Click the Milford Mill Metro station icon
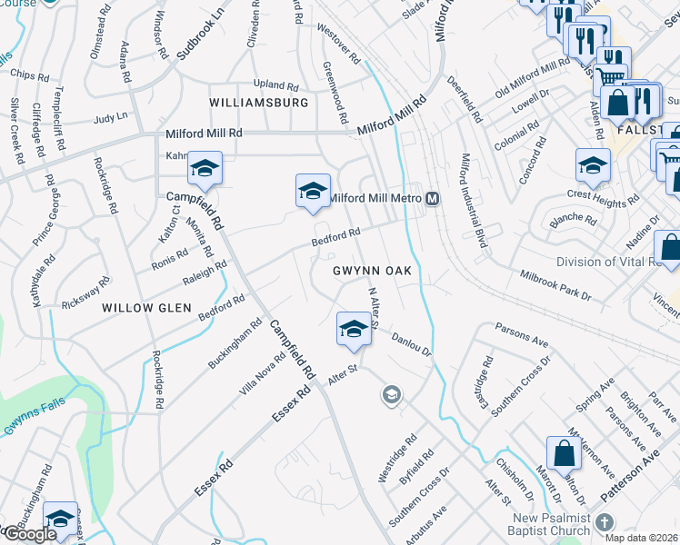click(433, 199)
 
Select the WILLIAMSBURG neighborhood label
click(259, 103)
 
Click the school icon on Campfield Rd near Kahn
click(205, 169)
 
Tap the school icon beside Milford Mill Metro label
click(312, 191)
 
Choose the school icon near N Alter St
click(353, 330)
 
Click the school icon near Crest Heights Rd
click(593, 166)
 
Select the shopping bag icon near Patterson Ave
click(564, 453)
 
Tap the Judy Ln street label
click(110, 117)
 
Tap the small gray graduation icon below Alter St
click(391, 393)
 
